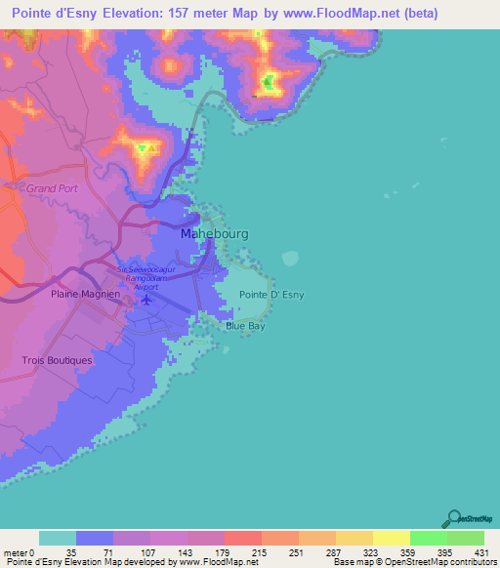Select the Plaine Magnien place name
85,293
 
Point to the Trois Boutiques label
57,360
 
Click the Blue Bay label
246,327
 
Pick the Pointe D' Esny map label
266,295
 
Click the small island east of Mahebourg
289,259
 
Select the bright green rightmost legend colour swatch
466,539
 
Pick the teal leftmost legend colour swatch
58,539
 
